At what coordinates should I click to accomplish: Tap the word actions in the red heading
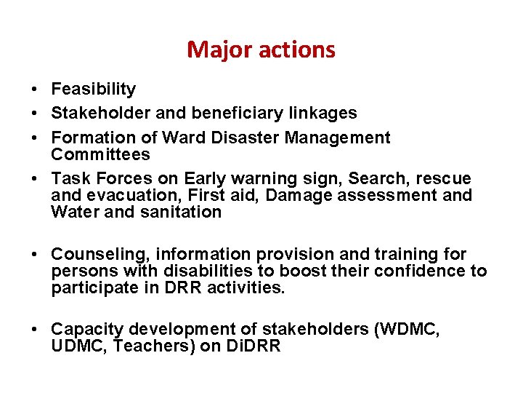pos(291,50)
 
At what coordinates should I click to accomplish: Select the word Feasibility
pos(93,90)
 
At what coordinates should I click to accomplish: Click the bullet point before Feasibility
pos(35,90)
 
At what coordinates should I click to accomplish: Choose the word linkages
pos(323,114)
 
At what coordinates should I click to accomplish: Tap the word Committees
pos(100,154)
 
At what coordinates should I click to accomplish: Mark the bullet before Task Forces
pos(35,179)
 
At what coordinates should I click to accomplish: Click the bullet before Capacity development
pos(35,330)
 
